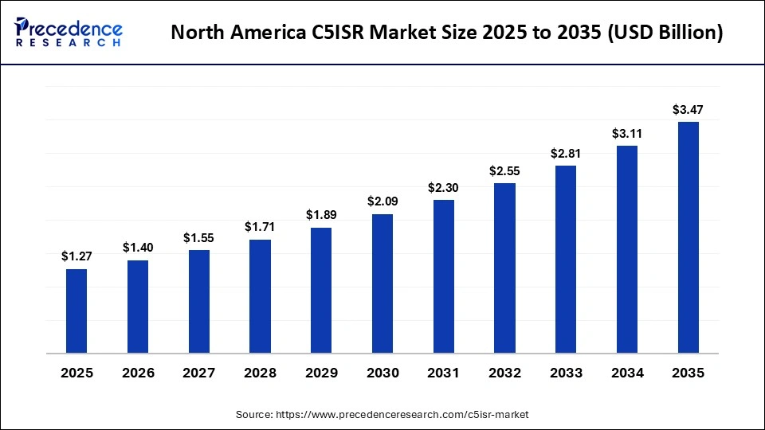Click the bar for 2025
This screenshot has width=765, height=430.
tap(76, 311)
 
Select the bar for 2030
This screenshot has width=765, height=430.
tap(382, 283)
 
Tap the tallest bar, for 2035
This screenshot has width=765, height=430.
tap(688, 237)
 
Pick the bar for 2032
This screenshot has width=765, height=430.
tap(504, 268)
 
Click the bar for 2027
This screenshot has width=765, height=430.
tap(199, 301)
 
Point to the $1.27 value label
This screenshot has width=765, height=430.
tap(76, 256)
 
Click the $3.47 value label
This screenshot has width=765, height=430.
tap(688, 109)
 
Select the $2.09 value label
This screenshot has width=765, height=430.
tap(382, 201)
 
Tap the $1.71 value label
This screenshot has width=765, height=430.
tap(260, 227)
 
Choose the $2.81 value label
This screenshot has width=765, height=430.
tap(566, 153)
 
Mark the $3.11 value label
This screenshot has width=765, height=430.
tap(627, 133)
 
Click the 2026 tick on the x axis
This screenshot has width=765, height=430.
tap(138, 373)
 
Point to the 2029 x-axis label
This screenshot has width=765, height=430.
tap(321, 373)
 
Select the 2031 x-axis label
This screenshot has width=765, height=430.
tap(444, 373)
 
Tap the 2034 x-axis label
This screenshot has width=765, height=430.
tap(627, 373)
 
